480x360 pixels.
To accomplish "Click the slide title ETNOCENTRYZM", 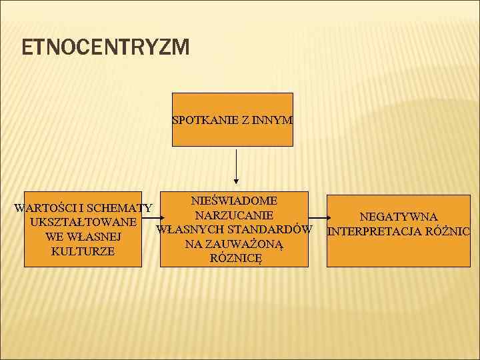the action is pos(105,47).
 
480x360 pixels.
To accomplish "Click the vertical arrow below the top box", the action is pos(236,163).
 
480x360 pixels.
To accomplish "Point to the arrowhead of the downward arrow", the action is pos(236,180).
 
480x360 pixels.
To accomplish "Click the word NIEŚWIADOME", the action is pos(234,201).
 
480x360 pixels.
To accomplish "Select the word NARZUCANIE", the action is pos(234,215).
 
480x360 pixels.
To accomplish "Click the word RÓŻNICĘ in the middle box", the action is pos(236,259).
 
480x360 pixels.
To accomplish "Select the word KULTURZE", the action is pos(83,251).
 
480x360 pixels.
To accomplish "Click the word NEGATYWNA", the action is pos(399,217).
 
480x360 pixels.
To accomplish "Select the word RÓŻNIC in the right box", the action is pos(450,232).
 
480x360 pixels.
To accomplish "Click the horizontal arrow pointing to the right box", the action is pos(319,219).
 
